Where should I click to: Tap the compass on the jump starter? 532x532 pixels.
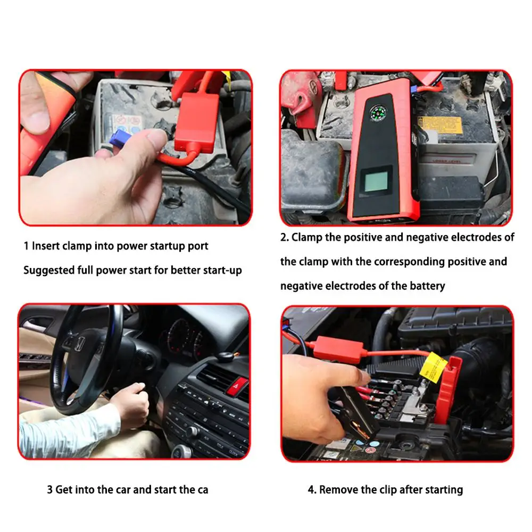point(378,113)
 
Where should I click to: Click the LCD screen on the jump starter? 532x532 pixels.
point(376,181)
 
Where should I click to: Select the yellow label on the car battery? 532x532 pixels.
point(440,125)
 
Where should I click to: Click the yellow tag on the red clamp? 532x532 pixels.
point(433,368)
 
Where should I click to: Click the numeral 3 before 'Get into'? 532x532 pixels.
point(49,489)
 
